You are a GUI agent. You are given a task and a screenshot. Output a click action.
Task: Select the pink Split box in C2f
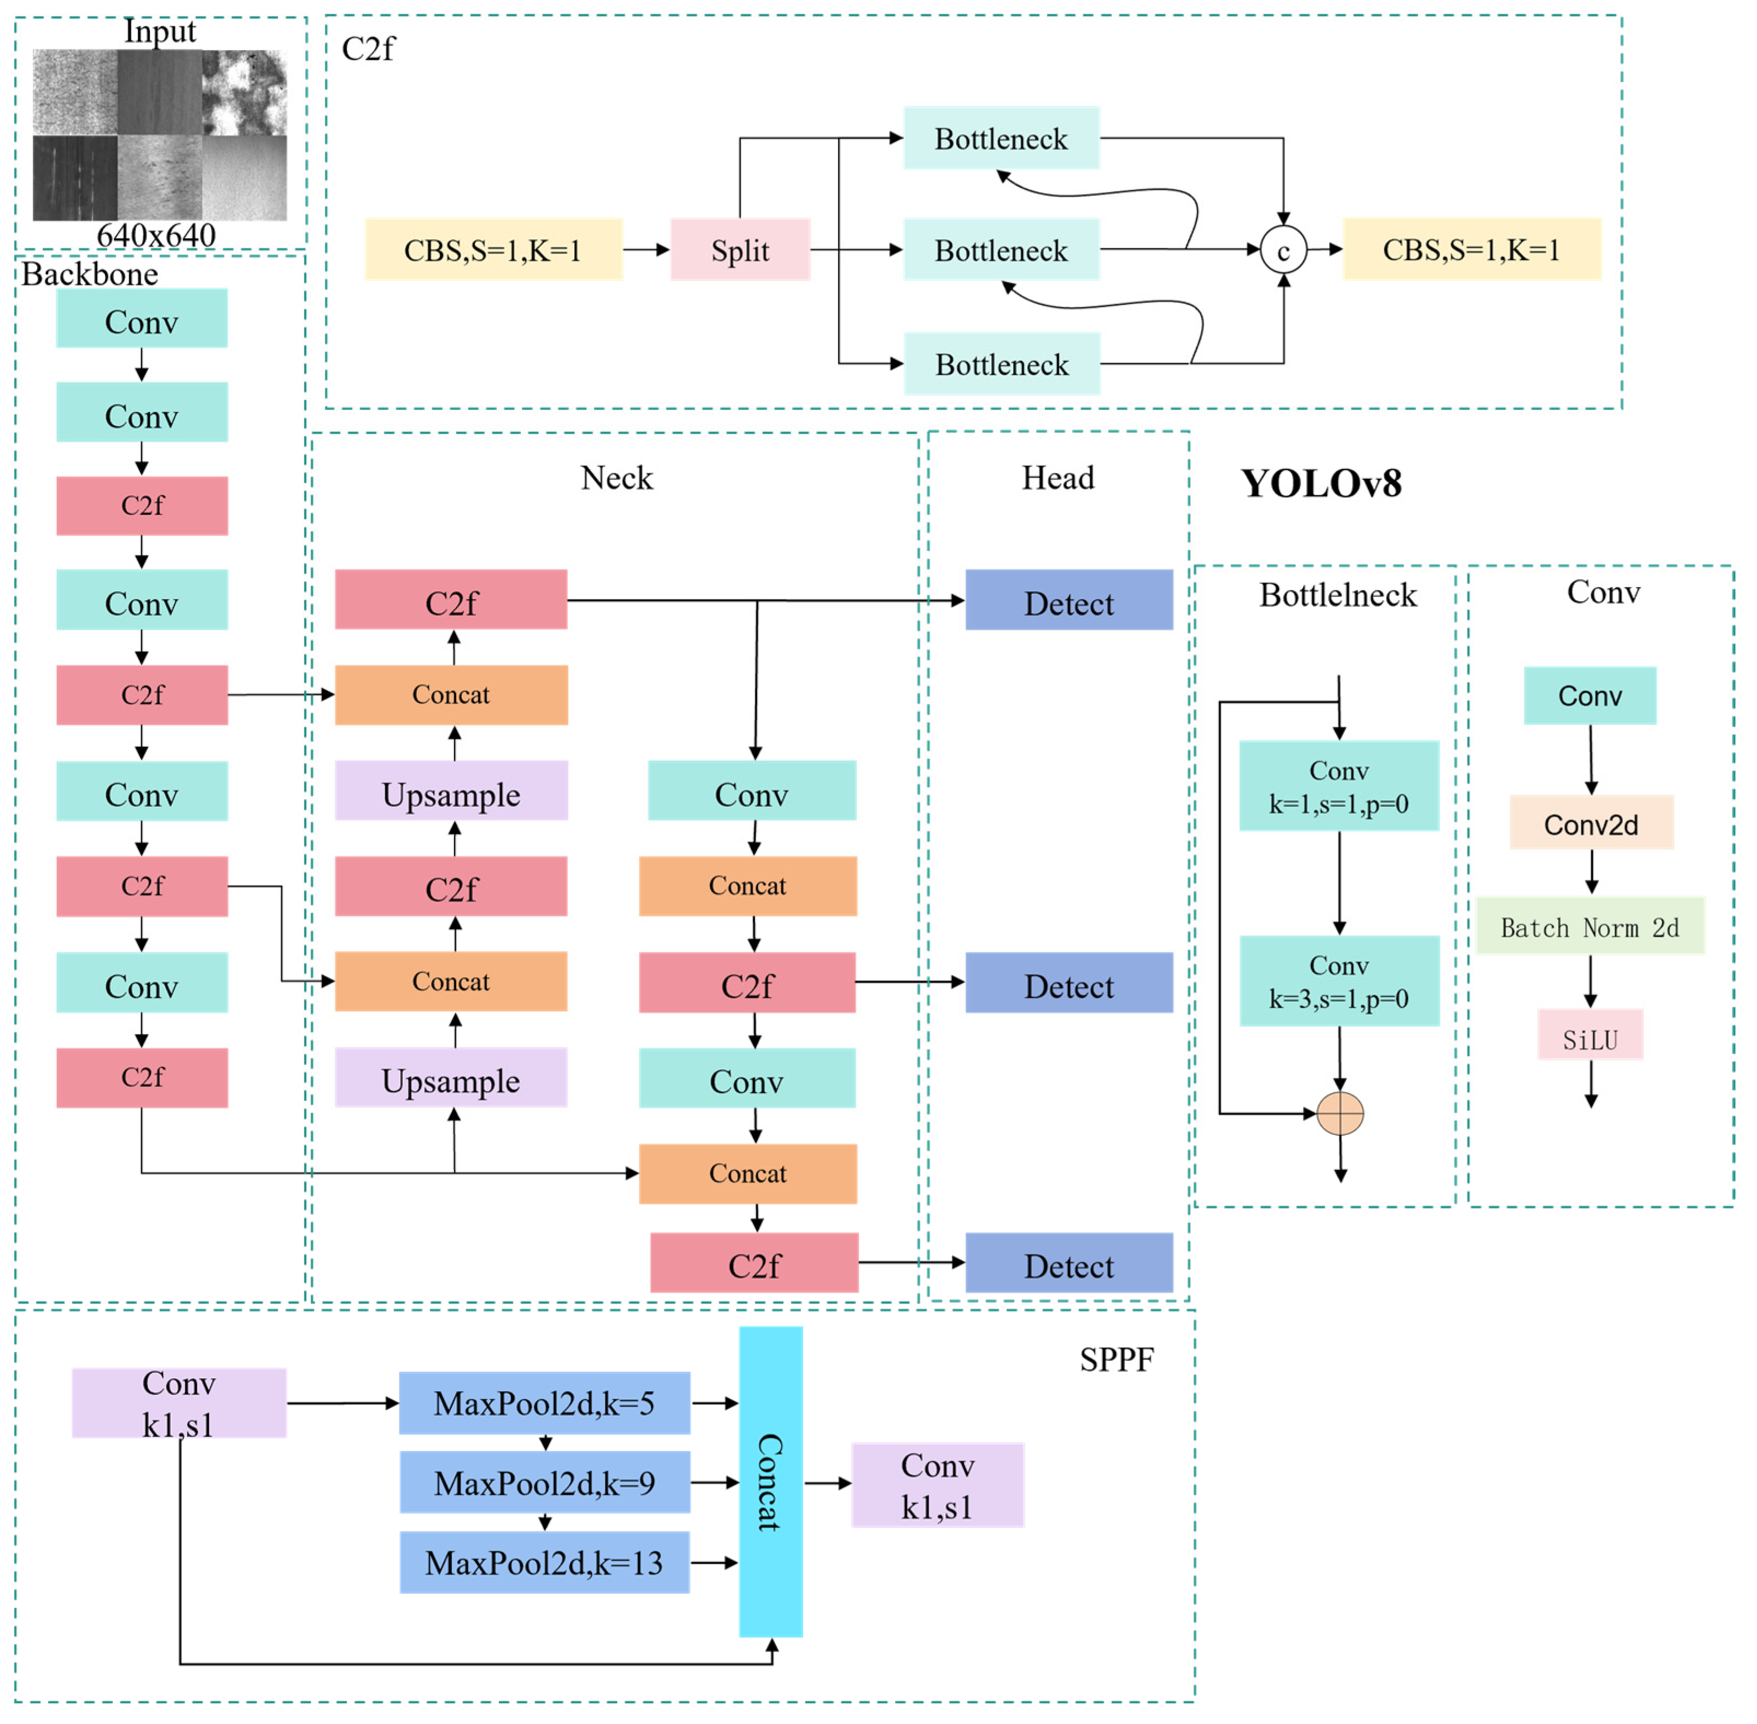point(740,250)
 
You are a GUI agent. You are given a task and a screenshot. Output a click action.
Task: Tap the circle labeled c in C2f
point(1283,251)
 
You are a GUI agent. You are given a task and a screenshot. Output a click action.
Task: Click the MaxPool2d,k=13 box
point(544,1563)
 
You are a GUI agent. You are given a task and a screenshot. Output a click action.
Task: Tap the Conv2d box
point(1591,824)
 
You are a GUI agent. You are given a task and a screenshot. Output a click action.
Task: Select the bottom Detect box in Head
point(1068,1264)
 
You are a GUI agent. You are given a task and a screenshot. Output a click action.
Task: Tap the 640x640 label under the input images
point(156,235)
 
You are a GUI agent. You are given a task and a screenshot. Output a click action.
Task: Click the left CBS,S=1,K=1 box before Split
point(493,250)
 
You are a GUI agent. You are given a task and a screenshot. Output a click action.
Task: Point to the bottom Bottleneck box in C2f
point(1001,364)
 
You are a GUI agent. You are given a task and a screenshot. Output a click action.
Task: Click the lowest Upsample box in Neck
point(451,1079)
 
